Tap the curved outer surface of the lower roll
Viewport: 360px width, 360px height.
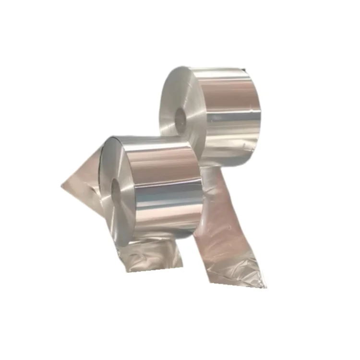166,187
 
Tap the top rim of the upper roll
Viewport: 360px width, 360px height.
211,70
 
